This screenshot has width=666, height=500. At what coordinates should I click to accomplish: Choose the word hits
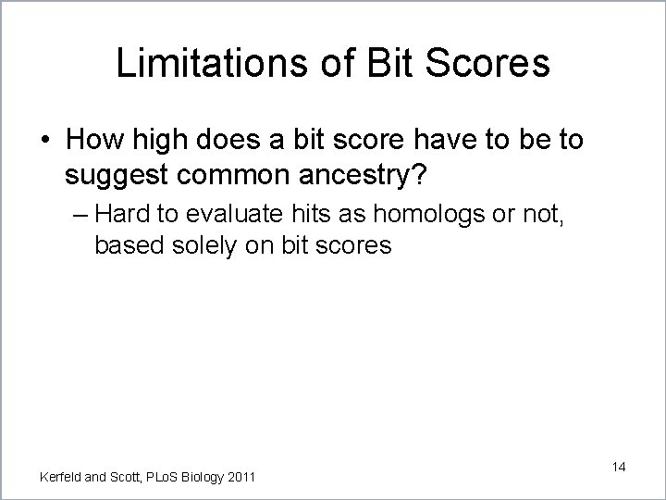point(295,215)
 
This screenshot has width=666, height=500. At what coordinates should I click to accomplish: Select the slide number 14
point(618,467)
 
